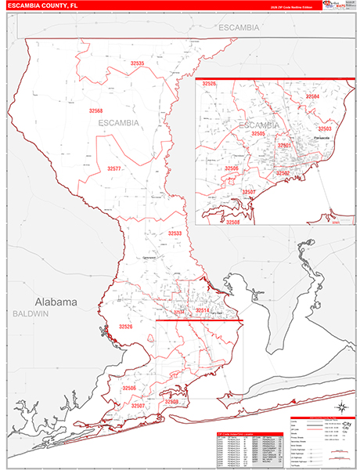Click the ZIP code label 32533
[x=175, y=233]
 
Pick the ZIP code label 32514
[x=202, y=311]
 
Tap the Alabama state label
[x=56, y=302]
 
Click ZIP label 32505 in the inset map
[x=257, y=134]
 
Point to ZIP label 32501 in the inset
[x=284, y=145]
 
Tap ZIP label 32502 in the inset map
[x=283, y=172]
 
